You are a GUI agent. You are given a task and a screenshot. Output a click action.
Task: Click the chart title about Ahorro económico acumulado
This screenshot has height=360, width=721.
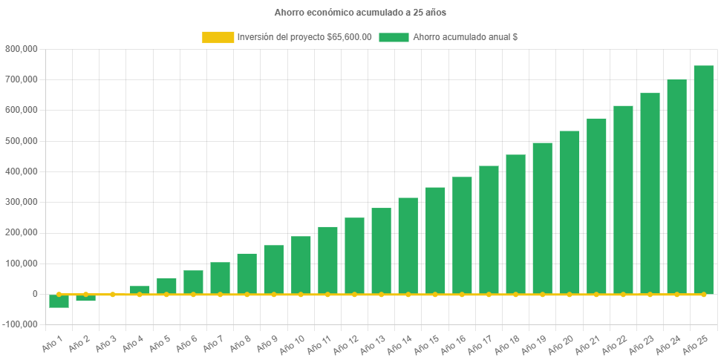[360, 13]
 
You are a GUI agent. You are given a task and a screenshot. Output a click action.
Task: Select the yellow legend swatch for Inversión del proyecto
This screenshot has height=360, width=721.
[218, 37]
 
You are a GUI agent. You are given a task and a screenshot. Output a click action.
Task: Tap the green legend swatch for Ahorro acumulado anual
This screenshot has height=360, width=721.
[394, 37]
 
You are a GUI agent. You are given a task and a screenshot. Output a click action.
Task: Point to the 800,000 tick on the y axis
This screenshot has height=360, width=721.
[22, 49]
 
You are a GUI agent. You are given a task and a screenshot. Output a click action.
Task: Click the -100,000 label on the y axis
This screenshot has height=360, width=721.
[21, 325]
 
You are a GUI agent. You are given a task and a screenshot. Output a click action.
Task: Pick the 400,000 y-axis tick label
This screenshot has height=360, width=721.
[22, 171]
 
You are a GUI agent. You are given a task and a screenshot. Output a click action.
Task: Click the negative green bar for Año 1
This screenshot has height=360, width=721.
[59, 301]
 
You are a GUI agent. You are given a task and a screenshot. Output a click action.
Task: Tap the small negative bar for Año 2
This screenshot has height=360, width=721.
[85, 298]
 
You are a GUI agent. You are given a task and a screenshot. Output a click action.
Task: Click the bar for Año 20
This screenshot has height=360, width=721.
[569, 212]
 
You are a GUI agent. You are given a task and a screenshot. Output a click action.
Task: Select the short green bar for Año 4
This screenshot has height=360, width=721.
[140, 290]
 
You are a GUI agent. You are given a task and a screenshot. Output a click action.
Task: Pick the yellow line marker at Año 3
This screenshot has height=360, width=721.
[113, 295]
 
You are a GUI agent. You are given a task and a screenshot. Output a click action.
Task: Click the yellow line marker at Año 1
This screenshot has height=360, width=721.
[59, 295]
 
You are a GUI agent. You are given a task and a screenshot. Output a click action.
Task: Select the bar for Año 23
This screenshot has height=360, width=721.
[650, 194]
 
